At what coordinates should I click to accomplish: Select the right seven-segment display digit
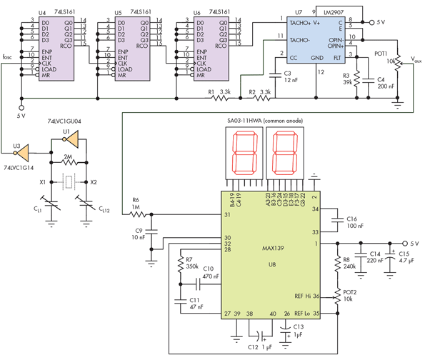(285, 156)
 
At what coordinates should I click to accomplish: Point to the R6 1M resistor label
(137, 204)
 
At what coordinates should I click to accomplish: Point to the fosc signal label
(8, 56)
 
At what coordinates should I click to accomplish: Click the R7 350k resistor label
(193, 263)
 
